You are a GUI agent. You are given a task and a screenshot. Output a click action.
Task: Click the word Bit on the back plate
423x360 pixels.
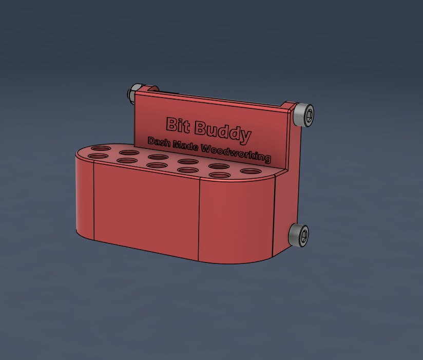tap(176, 124)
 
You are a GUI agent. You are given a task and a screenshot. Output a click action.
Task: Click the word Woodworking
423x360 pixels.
tap(236, 154)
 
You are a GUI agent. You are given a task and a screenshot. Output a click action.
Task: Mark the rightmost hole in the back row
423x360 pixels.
tap(251, 172)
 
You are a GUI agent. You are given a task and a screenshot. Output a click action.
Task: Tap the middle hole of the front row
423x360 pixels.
tap(156, 165)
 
